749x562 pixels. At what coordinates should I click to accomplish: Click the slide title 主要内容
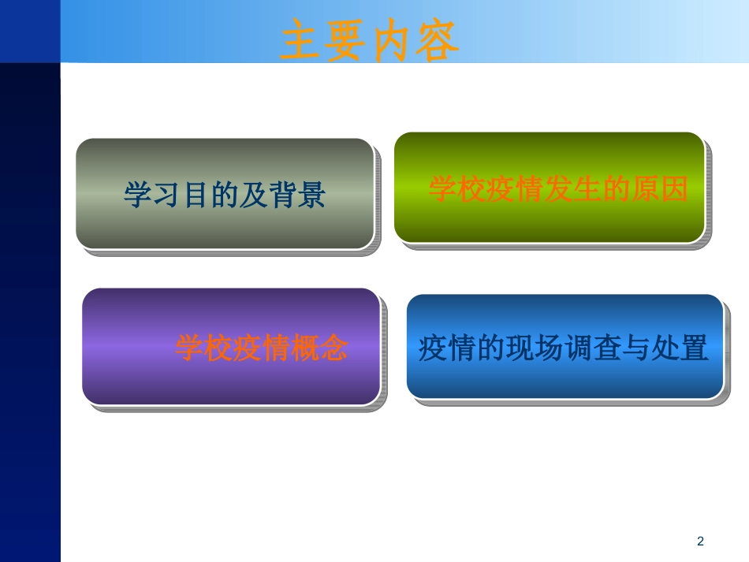pyautogui.click(x=370, y=41)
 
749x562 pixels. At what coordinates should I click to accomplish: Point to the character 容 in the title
pyautogui.click(x=436, y=41)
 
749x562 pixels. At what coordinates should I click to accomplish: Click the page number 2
pyautogui.click(x=699, y=542)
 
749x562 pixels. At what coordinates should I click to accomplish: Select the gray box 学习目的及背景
pyautogui.click(x=225, y=194)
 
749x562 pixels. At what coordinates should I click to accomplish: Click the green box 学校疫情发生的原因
pyautogui.click(x=549, y=188)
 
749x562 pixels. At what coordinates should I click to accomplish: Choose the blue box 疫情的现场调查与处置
pyautogui.click(x=565, y=347)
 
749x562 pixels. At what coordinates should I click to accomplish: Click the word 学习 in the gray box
pyautogui.click(x=152, y=195)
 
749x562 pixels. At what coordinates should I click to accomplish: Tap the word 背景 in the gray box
pyautogui.click(x=297, y=195)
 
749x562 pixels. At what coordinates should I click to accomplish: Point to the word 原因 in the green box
pyautogui.click(x=659, y=189)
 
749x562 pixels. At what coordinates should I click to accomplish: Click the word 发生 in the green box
pyautogui.click(x=572, y=189)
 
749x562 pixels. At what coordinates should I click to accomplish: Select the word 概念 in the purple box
pyautogui.click(x=319, y=348)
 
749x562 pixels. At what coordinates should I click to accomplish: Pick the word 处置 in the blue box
pyautogui.click(x=680, y=348)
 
